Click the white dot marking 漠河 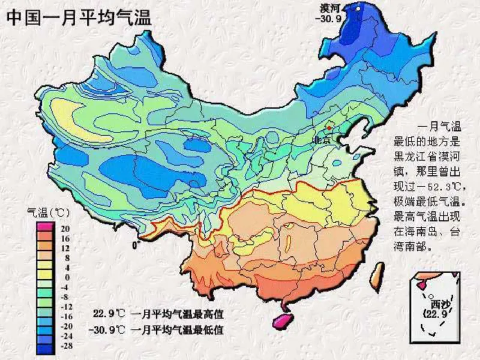coord(358,8)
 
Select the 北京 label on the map coord(321,140)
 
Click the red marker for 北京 coord(329,128)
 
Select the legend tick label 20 coord(65,229)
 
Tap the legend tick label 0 coord(67,277)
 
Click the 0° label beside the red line coord(136,244)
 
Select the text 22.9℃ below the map coord(110,314)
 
